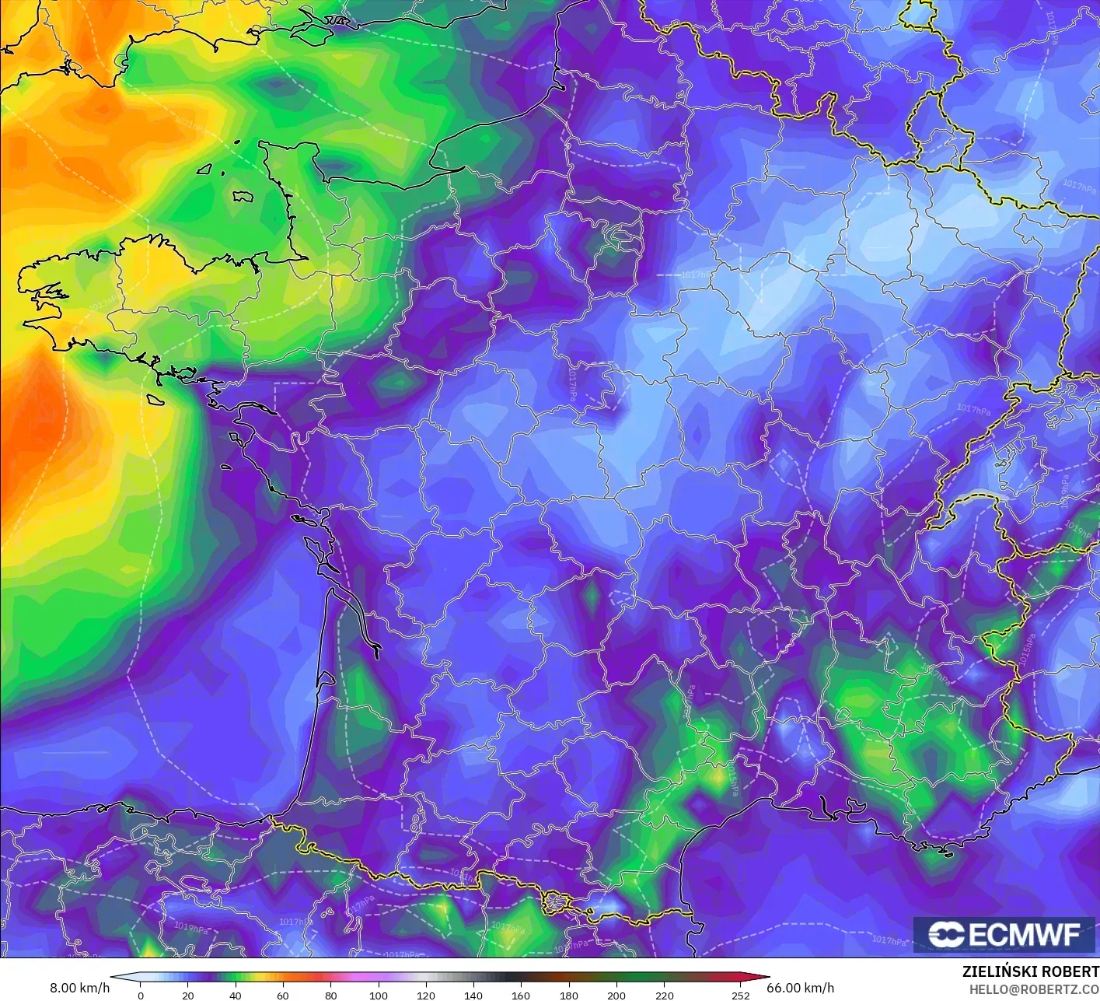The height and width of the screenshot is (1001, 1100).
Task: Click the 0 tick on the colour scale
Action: click(x=141, y=995)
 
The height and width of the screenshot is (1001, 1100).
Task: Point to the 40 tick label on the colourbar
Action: click(x=236, y=995)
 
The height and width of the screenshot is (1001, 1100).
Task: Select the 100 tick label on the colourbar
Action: click(x=379, y=995)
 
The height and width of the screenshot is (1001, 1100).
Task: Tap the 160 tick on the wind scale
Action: click(x=521, y=995)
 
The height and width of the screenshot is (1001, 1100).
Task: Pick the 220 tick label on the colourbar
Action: click(x=664, y=995)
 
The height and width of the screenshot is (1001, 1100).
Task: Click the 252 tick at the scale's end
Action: click(x=741, y=995)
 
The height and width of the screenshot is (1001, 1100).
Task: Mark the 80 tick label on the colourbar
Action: click(x=330, y=995)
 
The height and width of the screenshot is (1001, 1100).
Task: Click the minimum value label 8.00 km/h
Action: click(x=79, y=988)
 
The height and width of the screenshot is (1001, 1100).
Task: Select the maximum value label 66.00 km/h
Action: click(x=801, y=988)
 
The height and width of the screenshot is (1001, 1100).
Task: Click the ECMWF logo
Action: click(x=1004, y=934)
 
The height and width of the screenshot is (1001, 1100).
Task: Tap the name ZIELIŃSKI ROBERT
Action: click(x=1030, y=971)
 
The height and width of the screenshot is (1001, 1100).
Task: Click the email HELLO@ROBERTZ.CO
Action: click(x=1034, y=989)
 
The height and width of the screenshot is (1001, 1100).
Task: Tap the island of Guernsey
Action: click(x=205, y=168)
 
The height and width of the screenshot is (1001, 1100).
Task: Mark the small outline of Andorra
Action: click(x=557, y=903)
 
